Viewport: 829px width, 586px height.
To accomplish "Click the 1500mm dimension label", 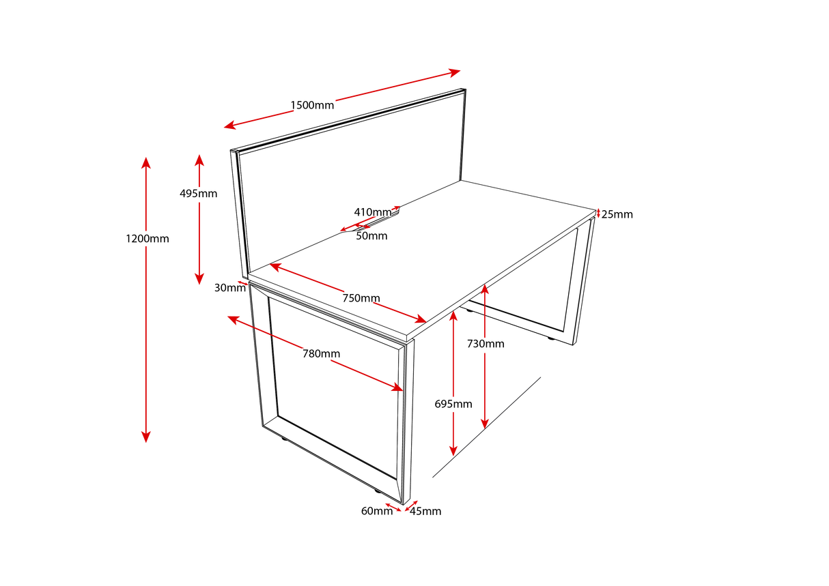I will (312, 105).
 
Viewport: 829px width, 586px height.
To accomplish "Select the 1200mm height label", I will (147, 239).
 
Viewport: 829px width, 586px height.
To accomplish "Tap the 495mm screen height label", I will (198, 193).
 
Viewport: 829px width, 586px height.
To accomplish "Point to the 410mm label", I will (372, 211).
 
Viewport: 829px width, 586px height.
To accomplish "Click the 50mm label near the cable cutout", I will (371, 236).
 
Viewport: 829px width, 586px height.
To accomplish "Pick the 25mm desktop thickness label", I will (617, 214).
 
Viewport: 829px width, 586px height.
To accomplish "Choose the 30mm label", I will (229, 288).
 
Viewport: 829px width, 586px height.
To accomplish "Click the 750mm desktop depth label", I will (361, 298).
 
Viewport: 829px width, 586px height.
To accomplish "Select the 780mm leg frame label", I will (321, 353).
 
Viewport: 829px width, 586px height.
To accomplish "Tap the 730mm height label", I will (486, 344).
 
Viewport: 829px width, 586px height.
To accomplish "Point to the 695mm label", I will (453, 404).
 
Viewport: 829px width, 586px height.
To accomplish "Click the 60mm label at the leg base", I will (377, 511).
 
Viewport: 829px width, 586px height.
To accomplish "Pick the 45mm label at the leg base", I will (425, 511).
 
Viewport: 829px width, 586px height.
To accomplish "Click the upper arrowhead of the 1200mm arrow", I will (145, 162).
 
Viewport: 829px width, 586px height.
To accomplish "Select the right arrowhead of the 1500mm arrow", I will (455, 72).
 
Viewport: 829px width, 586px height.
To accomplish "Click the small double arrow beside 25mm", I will (598, 214).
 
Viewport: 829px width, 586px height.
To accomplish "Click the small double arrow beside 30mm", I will (243, 282).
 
